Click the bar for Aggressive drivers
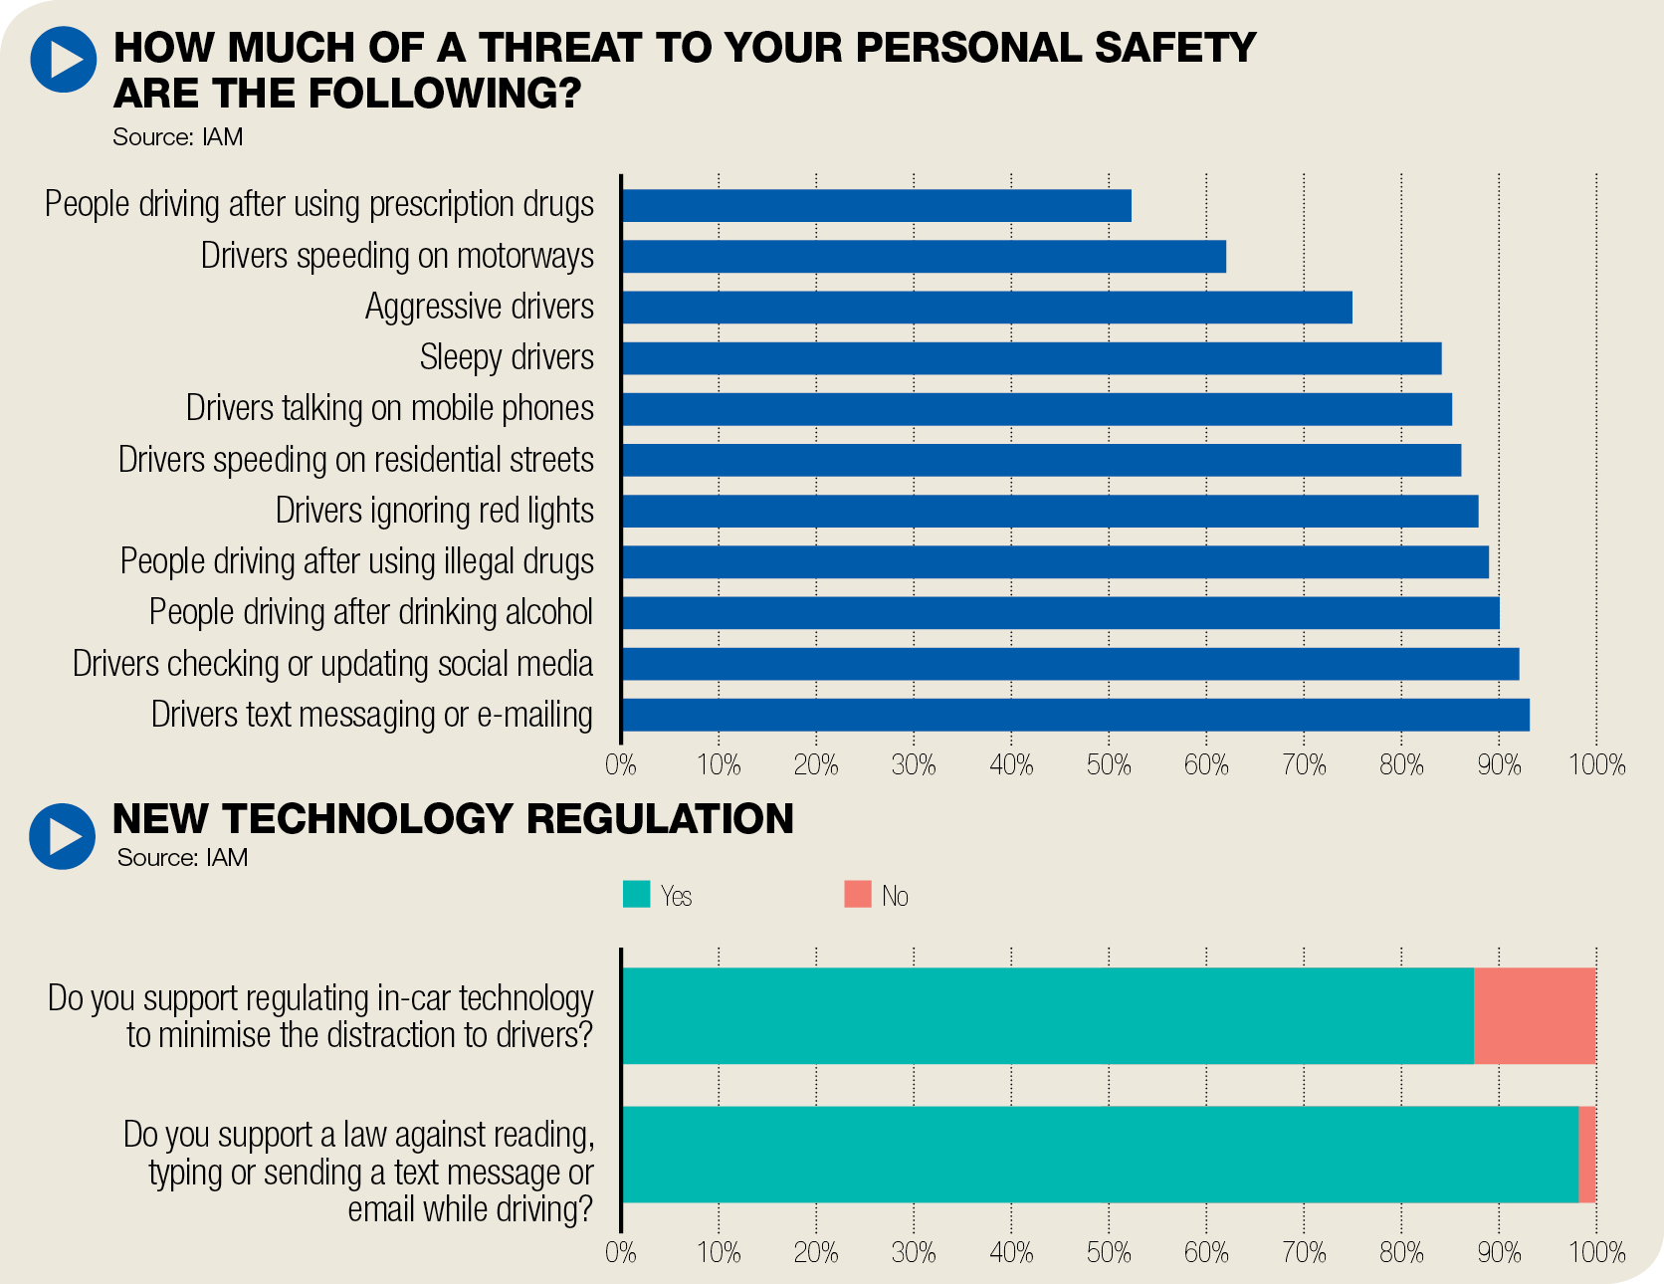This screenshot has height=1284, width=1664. coord(986,308)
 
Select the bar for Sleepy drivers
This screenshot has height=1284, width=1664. coord(1031,358)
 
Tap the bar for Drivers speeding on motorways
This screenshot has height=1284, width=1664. coord(924,256)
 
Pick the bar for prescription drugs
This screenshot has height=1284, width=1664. coord(876,206)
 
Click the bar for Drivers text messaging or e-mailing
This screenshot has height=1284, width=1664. coord(1075,715)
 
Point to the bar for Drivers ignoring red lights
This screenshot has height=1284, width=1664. coord(1050,512)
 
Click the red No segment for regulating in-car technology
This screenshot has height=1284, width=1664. coord(1535,1015)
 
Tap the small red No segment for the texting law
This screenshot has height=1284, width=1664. coord(1587,1155)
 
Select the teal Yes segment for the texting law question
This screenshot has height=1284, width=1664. coord(1100,1155)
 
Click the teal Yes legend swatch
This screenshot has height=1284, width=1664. coord(636,894)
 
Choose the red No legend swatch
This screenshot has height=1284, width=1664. coord(857,894)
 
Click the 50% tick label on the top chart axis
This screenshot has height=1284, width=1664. coord(1109,764)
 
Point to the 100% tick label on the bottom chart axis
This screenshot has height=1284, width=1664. coord(1596,1252)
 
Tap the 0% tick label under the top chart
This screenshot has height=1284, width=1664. coord(621,764)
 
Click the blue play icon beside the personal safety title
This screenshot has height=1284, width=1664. coord(63,60)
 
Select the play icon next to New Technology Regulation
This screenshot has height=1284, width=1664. coord(63,836)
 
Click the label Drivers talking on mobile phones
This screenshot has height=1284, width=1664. coord(389,409)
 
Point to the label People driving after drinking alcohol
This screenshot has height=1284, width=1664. coord(370,612)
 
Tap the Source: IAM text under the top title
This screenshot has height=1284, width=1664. coord(177,137)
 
